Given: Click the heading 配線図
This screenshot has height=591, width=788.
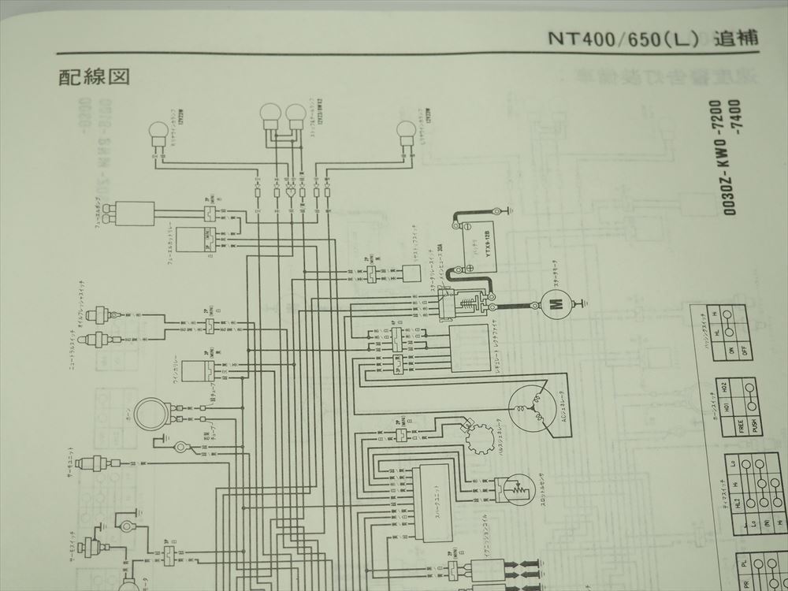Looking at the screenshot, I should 93,76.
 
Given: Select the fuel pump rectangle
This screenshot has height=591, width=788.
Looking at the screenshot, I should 135,214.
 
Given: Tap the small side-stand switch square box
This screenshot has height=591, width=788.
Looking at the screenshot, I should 410,273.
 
